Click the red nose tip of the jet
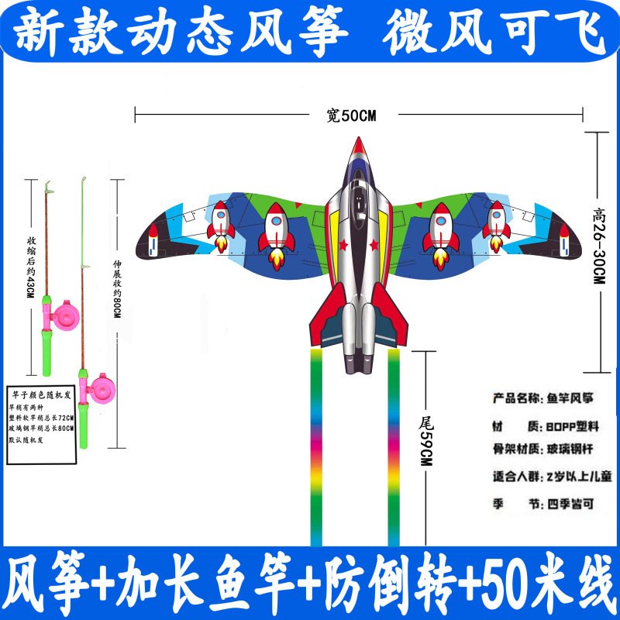click(358, 145)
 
